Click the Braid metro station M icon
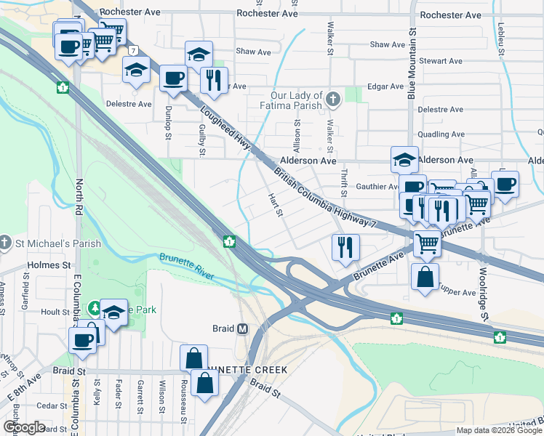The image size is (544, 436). click(x=243, y=328)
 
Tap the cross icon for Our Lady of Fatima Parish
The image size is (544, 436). click(x=333, y=98)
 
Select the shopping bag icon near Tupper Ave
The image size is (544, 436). click(x=425, y=277)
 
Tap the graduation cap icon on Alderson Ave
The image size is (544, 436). click(x=404, y=159)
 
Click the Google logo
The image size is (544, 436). click(x=24, y=427)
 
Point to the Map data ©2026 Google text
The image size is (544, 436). click(x=498, y=431)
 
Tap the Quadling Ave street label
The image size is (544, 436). click(x=439, y=134)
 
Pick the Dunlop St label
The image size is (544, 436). click(x=167, y=124)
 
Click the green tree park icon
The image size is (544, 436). click(x=95, y=309)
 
